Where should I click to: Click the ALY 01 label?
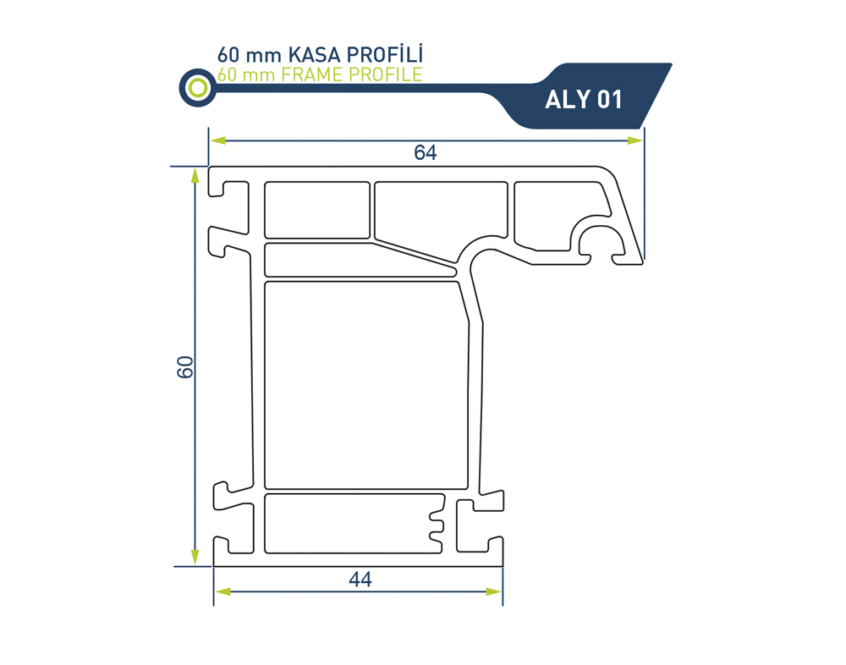point(583,100)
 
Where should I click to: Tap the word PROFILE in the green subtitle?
point(385,74)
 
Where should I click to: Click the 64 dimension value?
point(426,153)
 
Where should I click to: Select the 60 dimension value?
point(185,367)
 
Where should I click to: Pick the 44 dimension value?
point(360,580)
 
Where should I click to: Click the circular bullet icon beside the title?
point(197,87)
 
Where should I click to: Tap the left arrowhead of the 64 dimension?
point(218,140)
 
